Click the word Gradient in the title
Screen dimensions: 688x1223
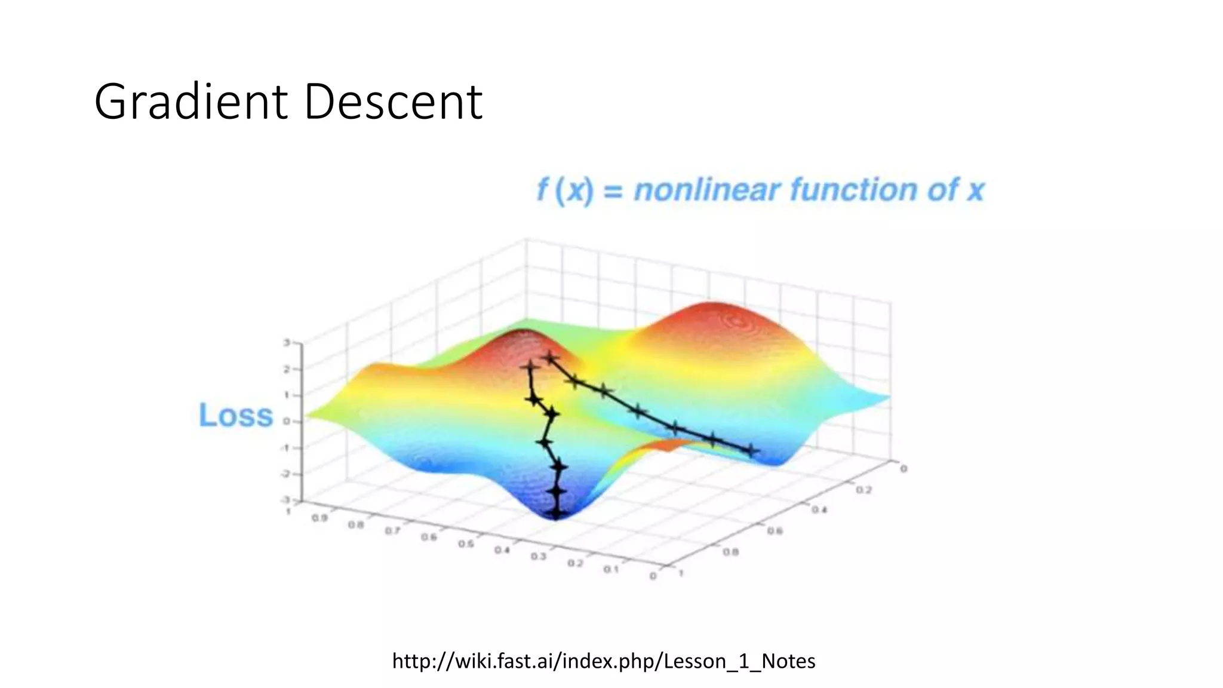(x=190, y=102)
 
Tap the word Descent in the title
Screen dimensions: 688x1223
(x=393, y=102)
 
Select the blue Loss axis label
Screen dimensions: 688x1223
(x=235, y=415)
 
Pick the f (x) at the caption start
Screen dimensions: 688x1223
(x=565, y=190)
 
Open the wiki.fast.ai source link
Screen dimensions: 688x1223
(x=604, y=661)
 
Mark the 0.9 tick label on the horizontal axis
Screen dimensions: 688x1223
(x=319, y=518)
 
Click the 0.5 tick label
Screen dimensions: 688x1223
(x=466, y=544)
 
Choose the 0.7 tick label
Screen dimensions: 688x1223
(x=392, y=530)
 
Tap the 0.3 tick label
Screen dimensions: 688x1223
(x=538, y=557)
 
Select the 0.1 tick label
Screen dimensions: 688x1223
(x=610, y=569)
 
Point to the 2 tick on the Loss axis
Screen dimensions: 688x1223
(x=287, y=369)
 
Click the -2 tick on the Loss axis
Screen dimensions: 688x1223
(x=285, y=474)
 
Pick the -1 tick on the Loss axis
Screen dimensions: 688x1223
(x=285, y=447)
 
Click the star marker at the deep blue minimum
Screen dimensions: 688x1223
(x=556, y=512)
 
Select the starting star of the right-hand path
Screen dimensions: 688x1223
(x=550, y=358)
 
